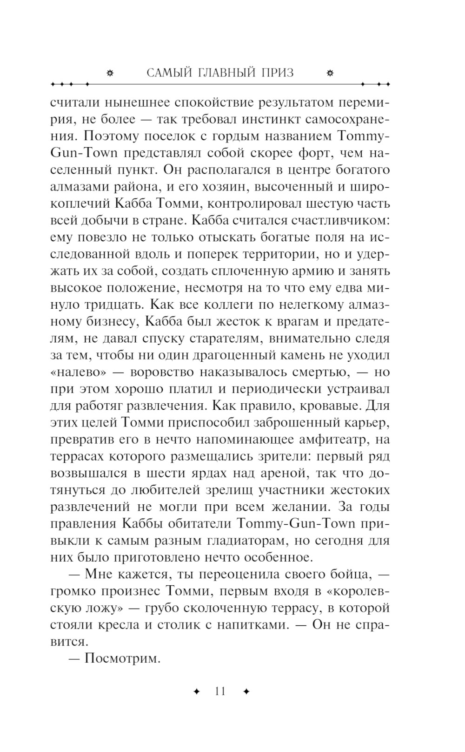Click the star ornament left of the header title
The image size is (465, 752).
tap(110, 73)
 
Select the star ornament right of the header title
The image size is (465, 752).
tap(330, 73)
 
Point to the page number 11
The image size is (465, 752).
tap(220, 691)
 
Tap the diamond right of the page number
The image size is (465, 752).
tap(246, 691)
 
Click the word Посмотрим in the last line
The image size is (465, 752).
tap(122, 659)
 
